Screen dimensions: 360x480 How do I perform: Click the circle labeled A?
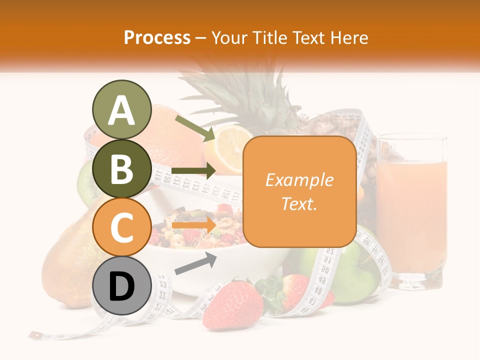tap(121, 110)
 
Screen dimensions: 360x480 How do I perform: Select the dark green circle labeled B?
tap(121, 169)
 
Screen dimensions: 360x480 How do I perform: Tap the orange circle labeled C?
tap(121, 226)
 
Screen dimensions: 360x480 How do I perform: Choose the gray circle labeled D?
tap(121, 286)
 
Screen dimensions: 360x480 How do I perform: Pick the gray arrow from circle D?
tap(195, 263)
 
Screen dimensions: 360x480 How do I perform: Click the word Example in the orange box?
tap(299, 180)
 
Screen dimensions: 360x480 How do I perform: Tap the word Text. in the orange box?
tap(299, 203)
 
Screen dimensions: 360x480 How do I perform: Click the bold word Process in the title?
tap(157, 37)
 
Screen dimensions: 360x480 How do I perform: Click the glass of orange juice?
tap(411, 210)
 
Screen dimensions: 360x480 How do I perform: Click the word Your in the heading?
tap(229, 37)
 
